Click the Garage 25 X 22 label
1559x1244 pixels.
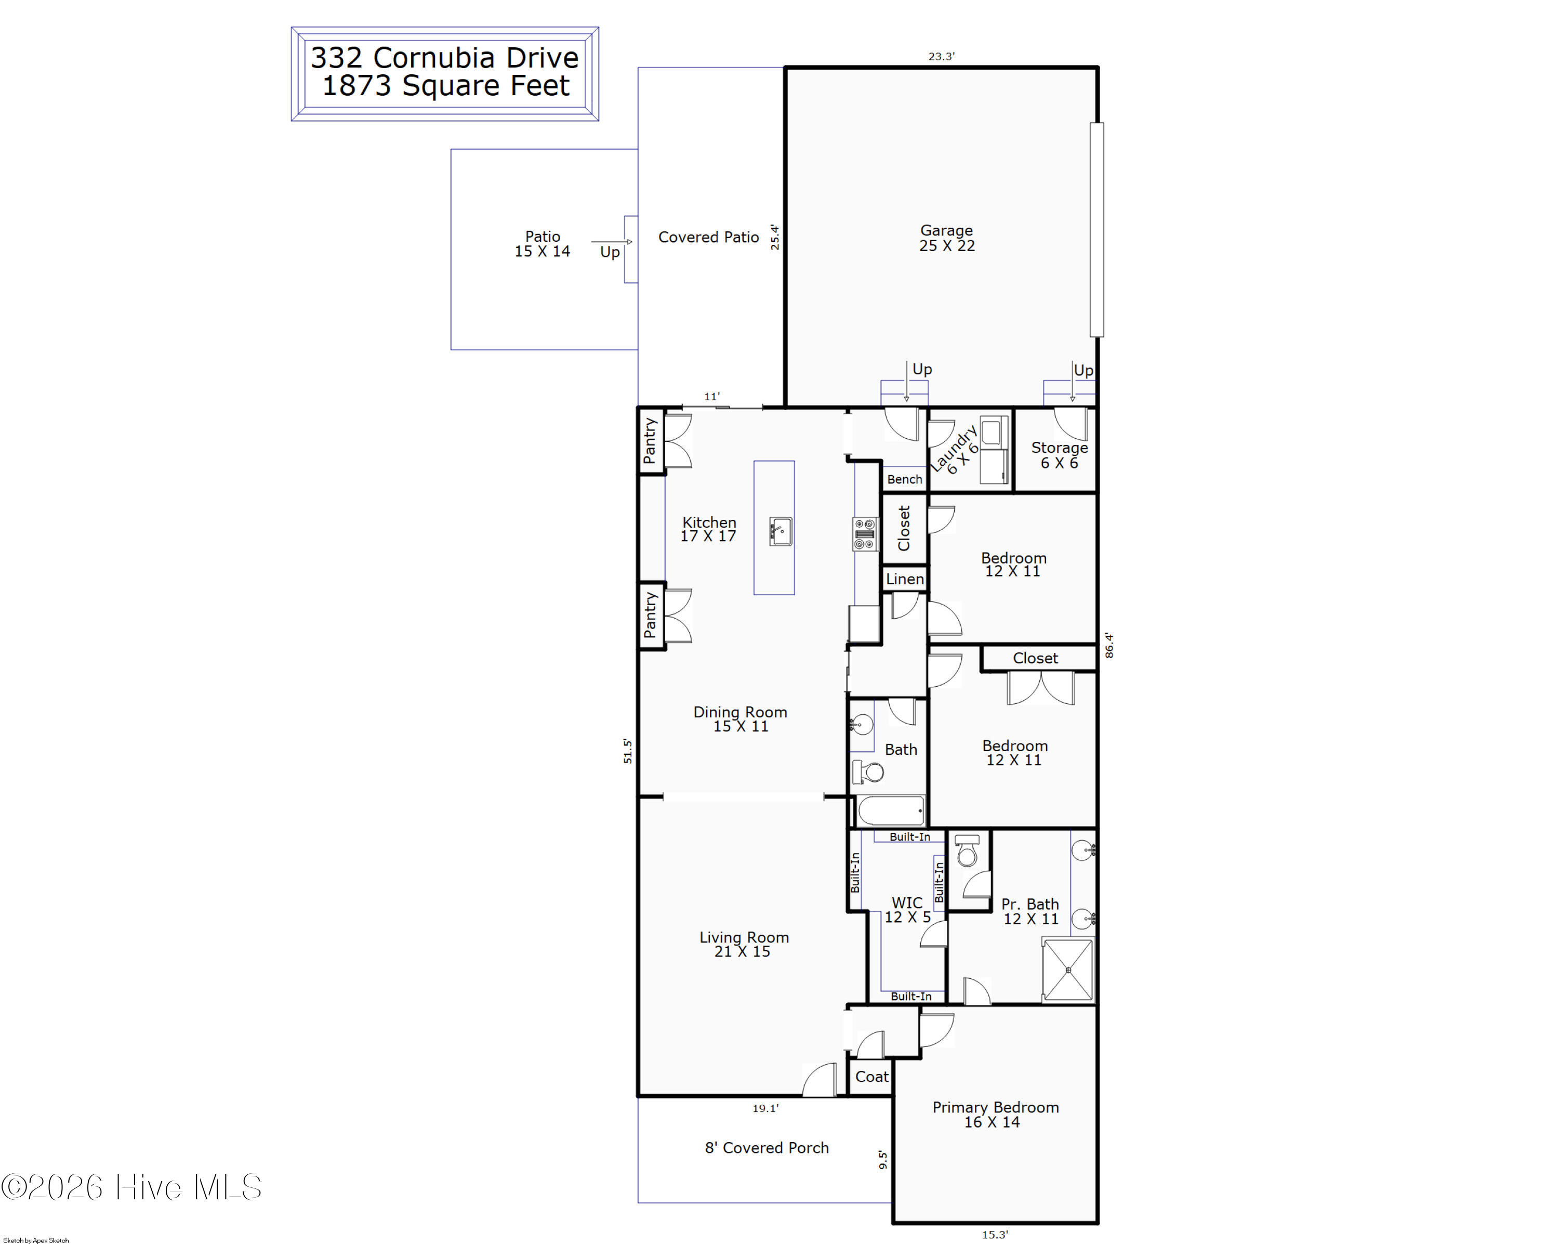coord(946,238)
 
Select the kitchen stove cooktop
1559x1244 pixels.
coord(865,534)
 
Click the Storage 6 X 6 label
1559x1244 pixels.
coord(1059,455)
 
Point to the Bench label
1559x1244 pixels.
coord(905,479)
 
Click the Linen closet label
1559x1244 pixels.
coord(905,579)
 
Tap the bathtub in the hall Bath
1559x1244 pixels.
coord(890,811)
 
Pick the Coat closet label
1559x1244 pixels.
coord(871,1076)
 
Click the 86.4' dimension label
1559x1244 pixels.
coord(1109,645)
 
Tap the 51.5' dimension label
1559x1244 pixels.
coord(628,751)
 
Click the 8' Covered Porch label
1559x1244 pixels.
coord(767,1148)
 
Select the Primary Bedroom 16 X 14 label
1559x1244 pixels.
coord(995,1115)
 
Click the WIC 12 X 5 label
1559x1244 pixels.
coord(907,910)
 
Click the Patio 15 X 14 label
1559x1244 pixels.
coord(543,244)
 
